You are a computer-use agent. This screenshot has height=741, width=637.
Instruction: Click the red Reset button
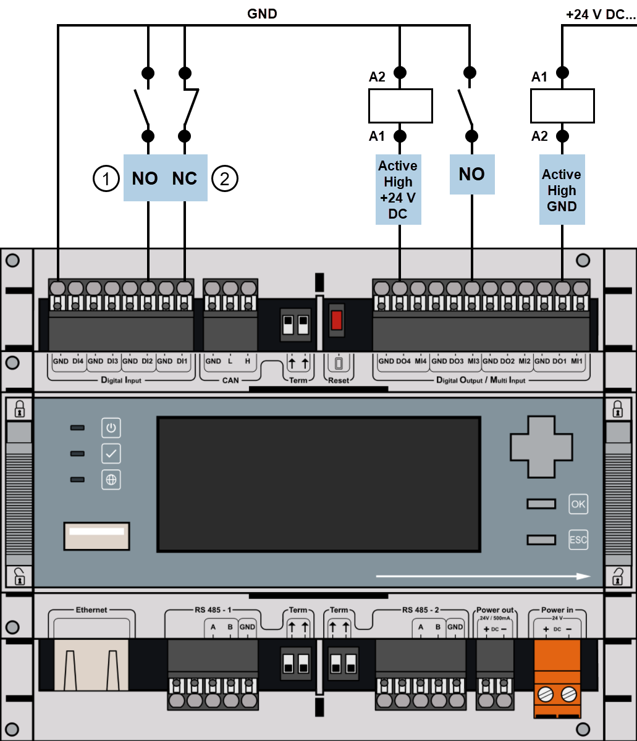tap(337, 320)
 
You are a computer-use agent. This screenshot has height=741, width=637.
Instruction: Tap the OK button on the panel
tap(578, 504)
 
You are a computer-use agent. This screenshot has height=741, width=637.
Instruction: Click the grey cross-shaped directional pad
tap(541, 446)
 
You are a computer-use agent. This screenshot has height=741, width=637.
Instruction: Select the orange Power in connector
tap(557, 678)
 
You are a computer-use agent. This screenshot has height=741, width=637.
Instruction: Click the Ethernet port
tap(92, 664)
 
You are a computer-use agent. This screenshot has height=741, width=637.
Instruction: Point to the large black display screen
tap(318, 484)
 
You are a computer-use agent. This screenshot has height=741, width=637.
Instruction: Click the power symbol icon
tap(111, 428)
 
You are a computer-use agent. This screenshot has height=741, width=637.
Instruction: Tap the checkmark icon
tap(111, 454)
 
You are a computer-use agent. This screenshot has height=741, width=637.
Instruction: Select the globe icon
tap(111, 480)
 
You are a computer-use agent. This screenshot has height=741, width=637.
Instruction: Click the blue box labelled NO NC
tap(165, 178)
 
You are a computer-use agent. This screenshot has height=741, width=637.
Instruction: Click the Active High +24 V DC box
tap(399, 190)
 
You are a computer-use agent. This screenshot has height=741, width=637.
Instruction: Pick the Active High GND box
tap(562, 190)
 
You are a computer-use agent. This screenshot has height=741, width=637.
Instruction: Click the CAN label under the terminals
tap(230, 380)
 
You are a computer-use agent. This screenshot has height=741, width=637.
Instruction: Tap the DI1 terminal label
tap(182, 361)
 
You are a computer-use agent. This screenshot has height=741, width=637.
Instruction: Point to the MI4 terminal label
tap(421, 361)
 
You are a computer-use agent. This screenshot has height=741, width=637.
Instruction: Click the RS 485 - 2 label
tap(420, 610)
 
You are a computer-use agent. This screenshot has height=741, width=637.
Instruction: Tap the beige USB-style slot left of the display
tap(96, 535)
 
